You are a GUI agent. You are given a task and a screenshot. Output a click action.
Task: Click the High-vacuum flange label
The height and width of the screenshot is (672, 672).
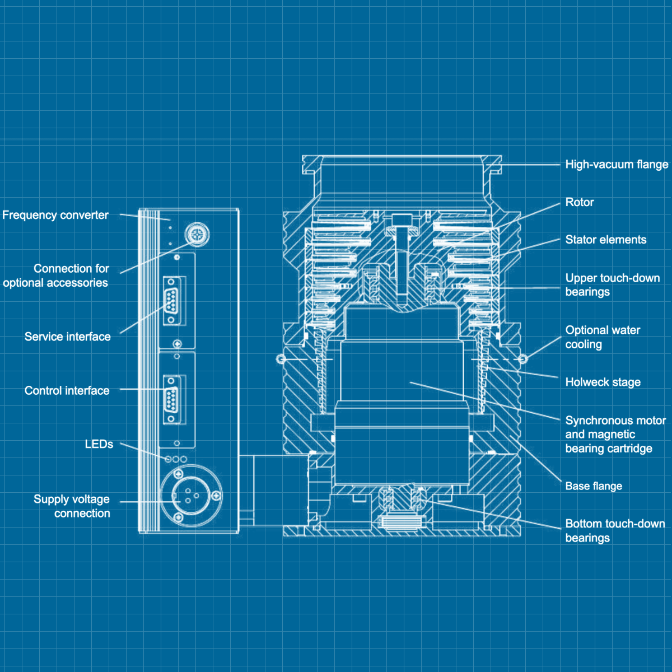(616, 165)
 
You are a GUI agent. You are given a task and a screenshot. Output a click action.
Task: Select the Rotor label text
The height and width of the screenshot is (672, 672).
(579, 203)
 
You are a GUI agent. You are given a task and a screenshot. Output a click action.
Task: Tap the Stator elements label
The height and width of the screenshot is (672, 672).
(605, 240)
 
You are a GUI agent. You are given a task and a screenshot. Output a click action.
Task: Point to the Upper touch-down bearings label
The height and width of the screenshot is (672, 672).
(612, 285)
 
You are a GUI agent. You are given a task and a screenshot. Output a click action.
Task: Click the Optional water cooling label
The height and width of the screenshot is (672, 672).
(603, 337)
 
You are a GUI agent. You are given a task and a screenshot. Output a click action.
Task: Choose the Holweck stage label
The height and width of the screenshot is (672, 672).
(603, 382)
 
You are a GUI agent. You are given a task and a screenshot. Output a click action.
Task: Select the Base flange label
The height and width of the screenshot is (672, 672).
(594, 486)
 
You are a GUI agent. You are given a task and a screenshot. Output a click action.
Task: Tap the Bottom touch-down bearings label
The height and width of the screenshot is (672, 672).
(614, 531)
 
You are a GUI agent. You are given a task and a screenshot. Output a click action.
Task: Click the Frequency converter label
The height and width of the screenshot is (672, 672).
(55, 215)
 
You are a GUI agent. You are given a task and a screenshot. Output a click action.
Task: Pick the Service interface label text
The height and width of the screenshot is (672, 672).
(67, 337)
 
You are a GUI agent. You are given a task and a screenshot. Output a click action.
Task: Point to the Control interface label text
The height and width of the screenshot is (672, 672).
(67, 391)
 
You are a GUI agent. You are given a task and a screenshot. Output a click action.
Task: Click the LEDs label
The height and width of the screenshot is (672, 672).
(99, 444)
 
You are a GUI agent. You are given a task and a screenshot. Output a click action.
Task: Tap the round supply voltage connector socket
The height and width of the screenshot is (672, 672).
(192, 496)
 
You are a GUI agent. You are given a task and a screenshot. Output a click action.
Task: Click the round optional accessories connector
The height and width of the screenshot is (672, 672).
(197, 233)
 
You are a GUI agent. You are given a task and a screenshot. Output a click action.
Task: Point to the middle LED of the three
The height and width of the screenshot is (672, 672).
(176, 459)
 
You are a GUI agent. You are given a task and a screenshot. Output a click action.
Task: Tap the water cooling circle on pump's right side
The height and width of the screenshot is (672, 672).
(522, 358)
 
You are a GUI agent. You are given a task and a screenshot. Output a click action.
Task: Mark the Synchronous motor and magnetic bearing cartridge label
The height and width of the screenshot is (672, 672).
(614, 435)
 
